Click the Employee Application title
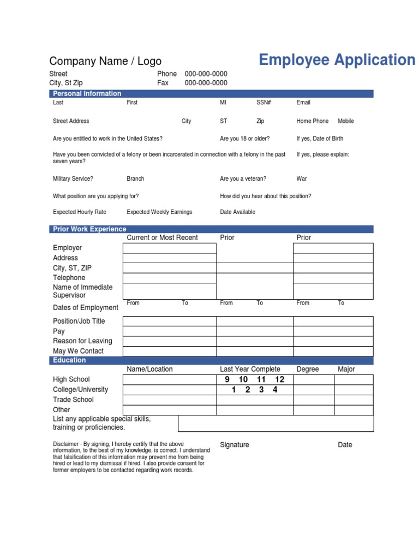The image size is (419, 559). (337, 60)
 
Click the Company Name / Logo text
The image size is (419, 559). (105, 61)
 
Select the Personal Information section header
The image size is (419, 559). (87, 94)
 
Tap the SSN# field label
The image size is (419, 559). (264, 103)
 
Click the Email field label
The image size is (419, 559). (303, 103)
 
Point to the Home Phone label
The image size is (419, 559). (312, 121)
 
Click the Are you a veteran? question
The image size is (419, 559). (243, 179)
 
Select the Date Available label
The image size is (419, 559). (237, 212)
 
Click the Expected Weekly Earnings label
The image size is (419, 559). (159, 212)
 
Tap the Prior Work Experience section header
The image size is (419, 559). (89, 229)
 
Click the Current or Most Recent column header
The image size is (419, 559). (162, 238)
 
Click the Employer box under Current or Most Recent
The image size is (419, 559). (170, 248)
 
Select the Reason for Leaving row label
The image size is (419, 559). (82, 341)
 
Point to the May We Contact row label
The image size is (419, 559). (78, 351)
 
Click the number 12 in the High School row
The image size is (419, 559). (279, 379)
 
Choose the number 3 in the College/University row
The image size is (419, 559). (261, 390)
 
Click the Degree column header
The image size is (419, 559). (307, 370)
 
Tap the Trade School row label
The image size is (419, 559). (73, 400)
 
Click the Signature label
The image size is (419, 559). (234, 445)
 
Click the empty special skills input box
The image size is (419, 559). (276, 424)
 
